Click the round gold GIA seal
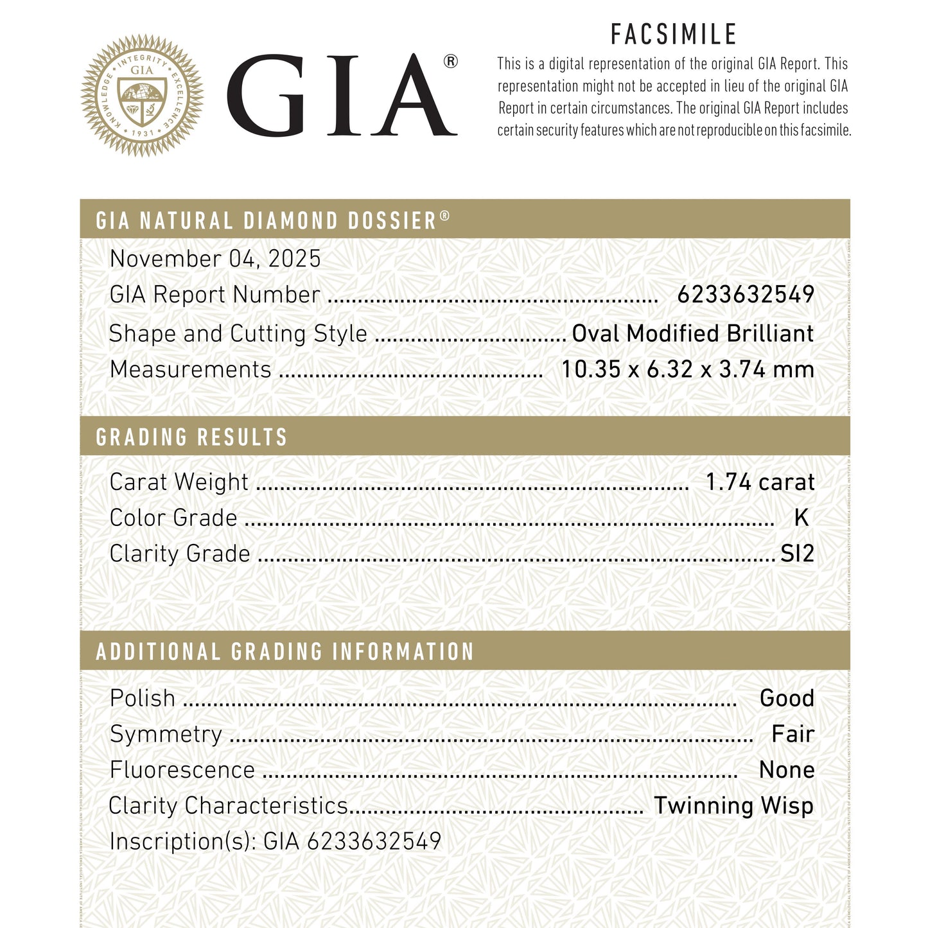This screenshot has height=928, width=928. pos(142,96)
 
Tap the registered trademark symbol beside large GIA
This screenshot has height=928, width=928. pos(451,62)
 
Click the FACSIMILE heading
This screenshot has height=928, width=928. pos(674,35)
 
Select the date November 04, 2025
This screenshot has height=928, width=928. pos(215,259)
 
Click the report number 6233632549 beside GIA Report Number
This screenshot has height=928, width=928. pos(746,295)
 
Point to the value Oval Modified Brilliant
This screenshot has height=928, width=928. pos(693,333)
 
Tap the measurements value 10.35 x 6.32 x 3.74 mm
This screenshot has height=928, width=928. pos(688,369)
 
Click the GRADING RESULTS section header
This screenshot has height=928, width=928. pos(191,437)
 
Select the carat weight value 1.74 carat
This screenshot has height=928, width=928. pos(760,482)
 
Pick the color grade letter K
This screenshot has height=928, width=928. pos(801,518)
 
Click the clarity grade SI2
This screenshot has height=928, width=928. pos(797,554)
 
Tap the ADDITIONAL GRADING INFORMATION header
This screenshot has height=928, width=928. pos(285,652)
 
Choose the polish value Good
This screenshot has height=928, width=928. pos(787,698)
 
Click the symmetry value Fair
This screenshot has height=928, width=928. pos(792,734)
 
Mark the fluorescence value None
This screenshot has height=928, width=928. pos(787,770)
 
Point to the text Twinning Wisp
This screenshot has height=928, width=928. pos(733,805)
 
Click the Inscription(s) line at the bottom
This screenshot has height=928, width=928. pos(276,841)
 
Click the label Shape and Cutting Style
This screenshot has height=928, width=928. pos(238,334)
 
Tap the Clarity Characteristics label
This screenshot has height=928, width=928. pos(228,805)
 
